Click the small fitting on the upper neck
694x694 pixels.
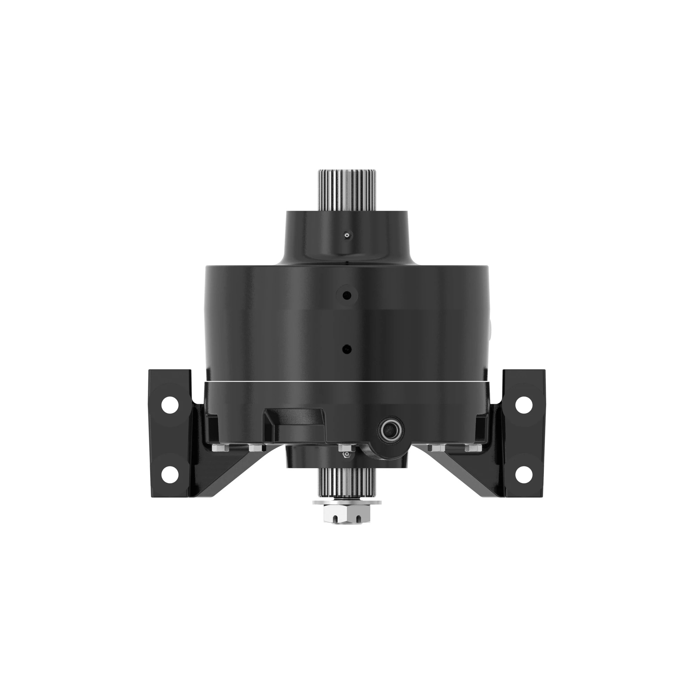pyautogui.click(x=347, y=236)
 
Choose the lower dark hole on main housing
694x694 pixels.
pyautogui.click(x=346, y=349)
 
